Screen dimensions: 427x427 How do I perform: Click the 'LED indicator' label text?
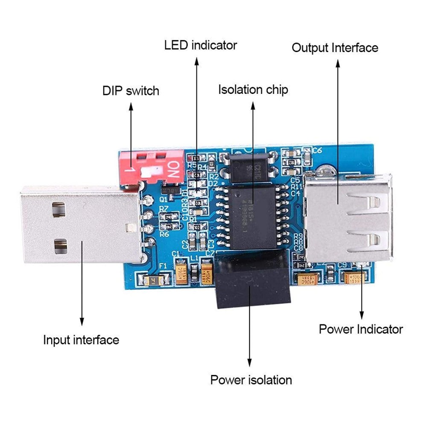[200, 45]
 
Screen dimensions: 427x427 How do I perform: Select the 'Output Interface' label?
[335, 47]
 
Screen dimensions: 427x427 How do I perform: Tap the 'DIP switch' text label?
[131, 91]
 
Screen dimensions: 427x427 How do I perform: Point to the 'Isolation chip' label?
[253, 90]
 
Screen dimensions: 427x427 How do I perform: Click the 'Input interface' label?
[81, 340]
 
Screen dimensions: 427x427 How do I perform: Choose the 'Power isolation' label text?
[251, 380]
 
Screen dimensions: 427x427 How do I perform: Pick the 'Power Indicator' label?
[361, 329]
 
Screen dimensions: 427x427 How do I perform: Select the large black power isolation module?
[253, 280]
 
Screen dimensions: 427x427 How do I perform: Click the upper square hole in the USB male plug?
[58, 209]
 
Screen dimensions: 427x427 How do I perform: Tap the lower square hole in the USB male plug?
[60, 246]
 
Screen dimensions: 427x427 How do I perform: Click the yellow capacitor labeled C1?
[181, 273]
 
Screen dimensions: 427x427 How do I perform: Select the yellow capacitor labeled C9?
[355, 278]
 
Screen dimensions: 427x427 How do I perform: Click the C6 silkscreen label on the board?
[317, 150]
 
